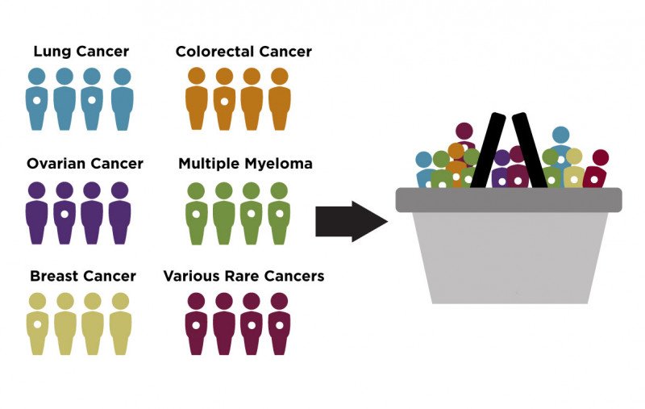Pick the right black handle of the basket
click(x=530, y=149)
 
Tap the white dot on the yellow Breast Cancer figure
click(x=37, y=324)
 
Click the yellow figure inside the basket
click(x=573, y=169)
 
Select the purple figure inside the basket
click(x=501, y=171)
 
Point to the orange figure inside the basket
click(x=457, y=165)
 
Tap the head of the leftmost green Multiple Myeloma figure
click(x=197, y=190)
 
